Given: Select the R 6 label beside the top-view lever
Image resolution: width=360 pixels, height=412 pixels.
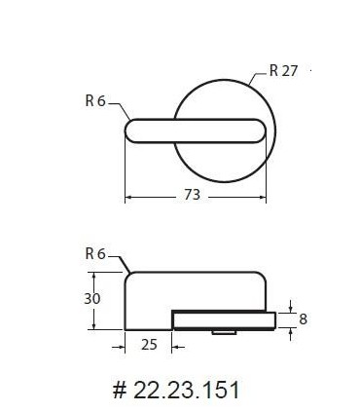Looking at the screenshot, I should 95,100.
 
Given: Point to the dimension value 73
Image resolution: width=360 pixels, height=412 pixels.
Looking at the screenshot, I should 192,195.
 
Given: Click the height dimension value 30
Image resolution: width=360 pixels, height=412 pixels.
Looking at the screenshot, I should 92,299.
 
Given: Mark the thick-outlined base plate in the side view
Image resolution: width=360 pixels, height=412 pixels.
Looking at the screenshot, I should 224,318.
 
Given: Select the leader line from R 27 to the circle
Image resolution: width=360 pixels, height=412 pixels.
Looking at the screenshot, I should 258,78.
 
